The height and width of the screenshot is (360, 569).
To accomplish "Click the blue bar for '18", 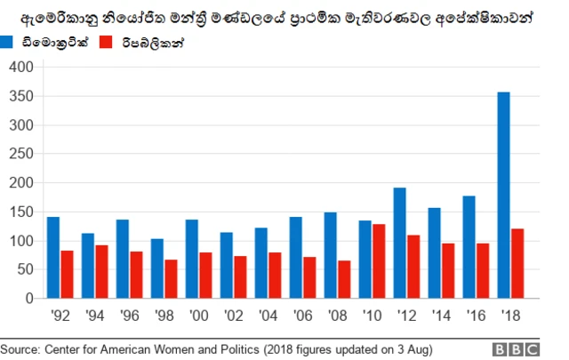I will click(x=503, y=196).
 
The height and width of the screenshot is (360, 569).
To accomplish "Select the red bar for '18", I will click(x=517, y=264).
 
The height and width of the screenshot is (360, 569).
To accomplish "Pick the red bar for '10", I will click(x=378, y=261).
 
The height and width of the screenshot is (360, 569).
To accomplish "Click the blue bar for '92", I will click(x=53, y=258).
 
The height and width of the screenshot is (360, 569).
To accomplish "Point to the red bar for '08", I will click(x=343, y=279).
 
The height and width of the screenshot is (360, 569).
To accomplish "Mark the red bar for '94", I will click(x=101, y=272).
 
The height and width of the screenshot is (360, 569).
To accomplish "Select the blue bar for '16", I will click(x=469, y=247).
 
